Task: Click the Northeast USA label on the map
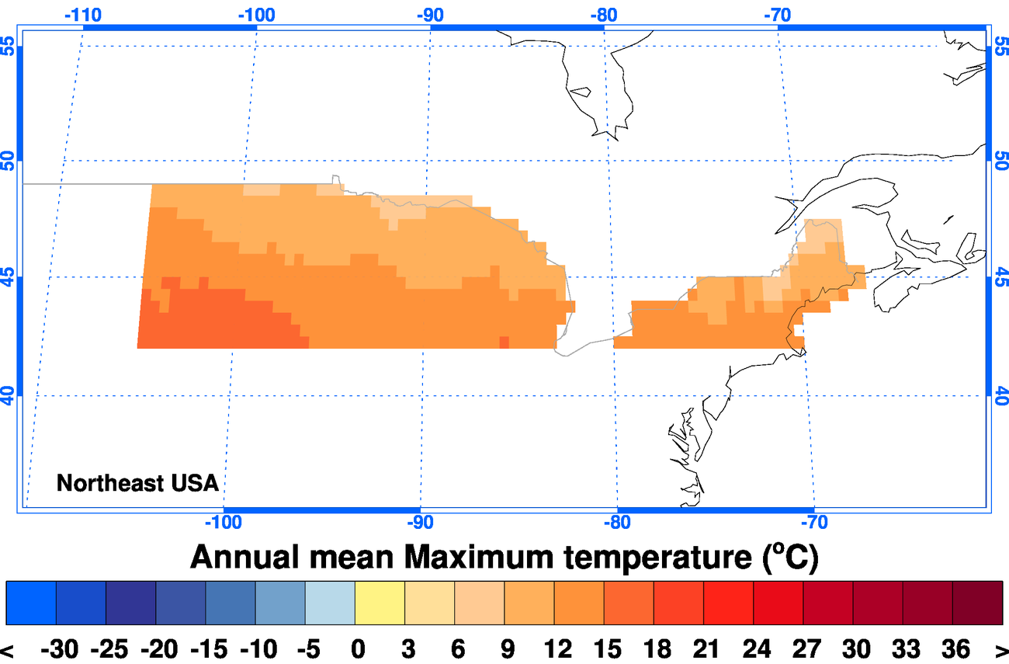[x=137, y=483]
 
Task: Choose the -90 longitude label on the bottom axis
[x=420, y=522]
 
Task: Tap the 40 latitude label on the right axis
[x=1000, y=395]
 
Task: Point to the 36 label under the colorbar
[x=953, y=649]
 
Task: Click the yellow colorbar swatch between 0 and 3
[x=380, y=602]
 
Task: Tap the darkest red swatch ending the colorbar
[x=978, y=602]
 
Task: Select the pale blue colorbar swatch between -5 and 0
[x=330, y=602]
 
